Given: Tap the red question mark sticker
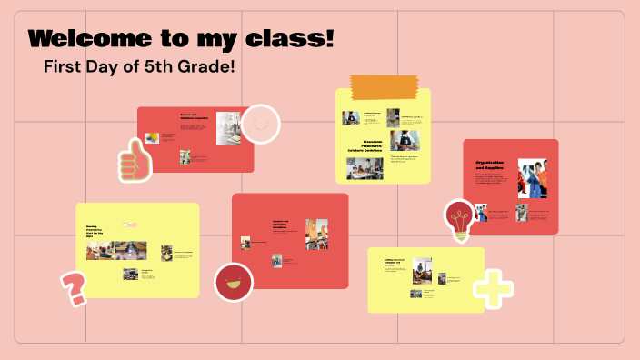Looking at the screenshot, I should pyautogui.click(x=73, y=287).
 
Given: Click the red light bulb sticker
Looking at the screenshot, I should pyautogui.click(x=459, y=220).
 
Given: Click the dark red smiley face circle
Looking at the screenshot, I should pyautogui.click(x=233, y=281).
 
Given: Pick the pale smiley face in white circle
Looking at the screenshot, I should pyautogui.click(x=260, y=124).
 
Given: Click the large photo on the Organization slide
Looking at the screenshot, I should pyautogui.click(x=533, y=178).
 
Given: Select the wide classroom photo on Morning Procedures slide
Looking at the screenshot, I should pyautogui.click(x=118, y=251).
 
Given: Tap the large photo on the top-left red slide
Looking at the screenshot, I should pyautogui.click(x=228, y=128).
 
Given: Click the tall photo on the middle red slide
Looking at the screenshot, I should pyautogui.click(x=316, y=234).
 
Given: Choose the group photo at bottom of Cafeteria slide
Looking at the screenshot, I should pyautogui.click(x=365, y=168).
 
